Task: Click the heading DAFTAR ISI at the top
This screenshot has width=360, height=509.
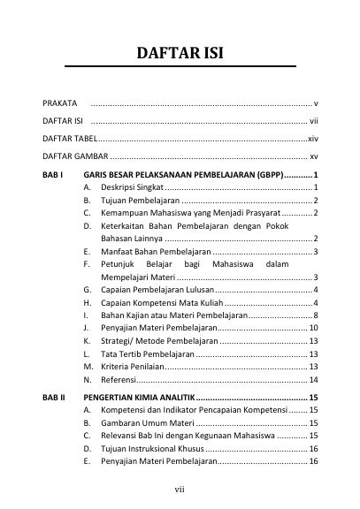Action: [180, 53]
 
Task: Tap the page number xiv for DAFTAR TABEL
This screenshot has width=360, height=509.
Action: [312, 140]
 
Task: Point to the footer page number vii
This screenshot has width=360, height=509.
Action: [180, 488]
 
